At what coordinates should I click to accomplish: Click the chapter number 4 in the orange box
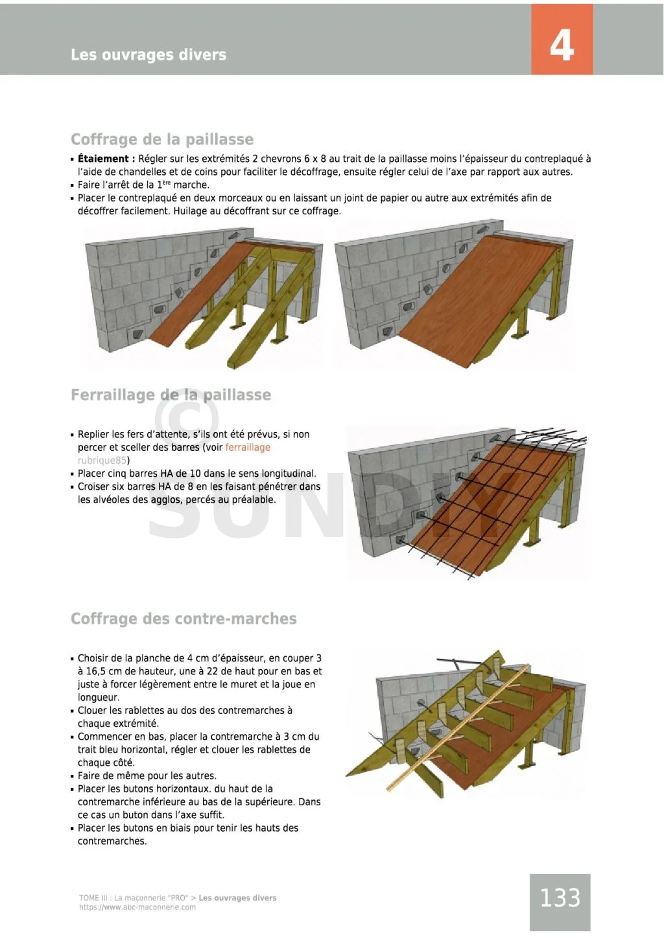click(562, 45)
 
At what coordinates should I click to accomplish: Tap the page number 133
click(560, 898)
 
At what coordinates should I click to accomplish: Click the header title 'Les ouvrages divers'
click(148, 55)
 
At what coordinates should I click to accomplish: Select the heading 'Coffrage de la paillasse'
click(161, 139)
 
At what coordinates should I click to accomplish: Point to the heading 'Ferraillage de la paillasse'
click(171, 395)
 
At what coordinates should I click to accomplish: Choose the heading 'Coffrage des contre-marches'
click(184, 619)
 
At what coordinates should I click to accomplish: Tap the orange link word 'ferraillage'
click(248, 448)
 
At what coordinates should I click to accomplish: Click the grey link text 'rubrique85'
click(102, 461)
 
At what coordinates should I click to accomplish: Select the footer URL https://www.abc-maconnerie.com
click(137, 908)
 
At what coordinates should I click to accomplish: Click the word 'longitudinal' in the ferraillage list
click(287, 474)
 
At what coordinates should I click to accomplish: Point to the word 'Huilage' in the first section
click(191, 211)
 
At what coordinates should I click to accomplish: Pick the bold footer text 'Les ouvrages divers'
click(237, 898)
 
